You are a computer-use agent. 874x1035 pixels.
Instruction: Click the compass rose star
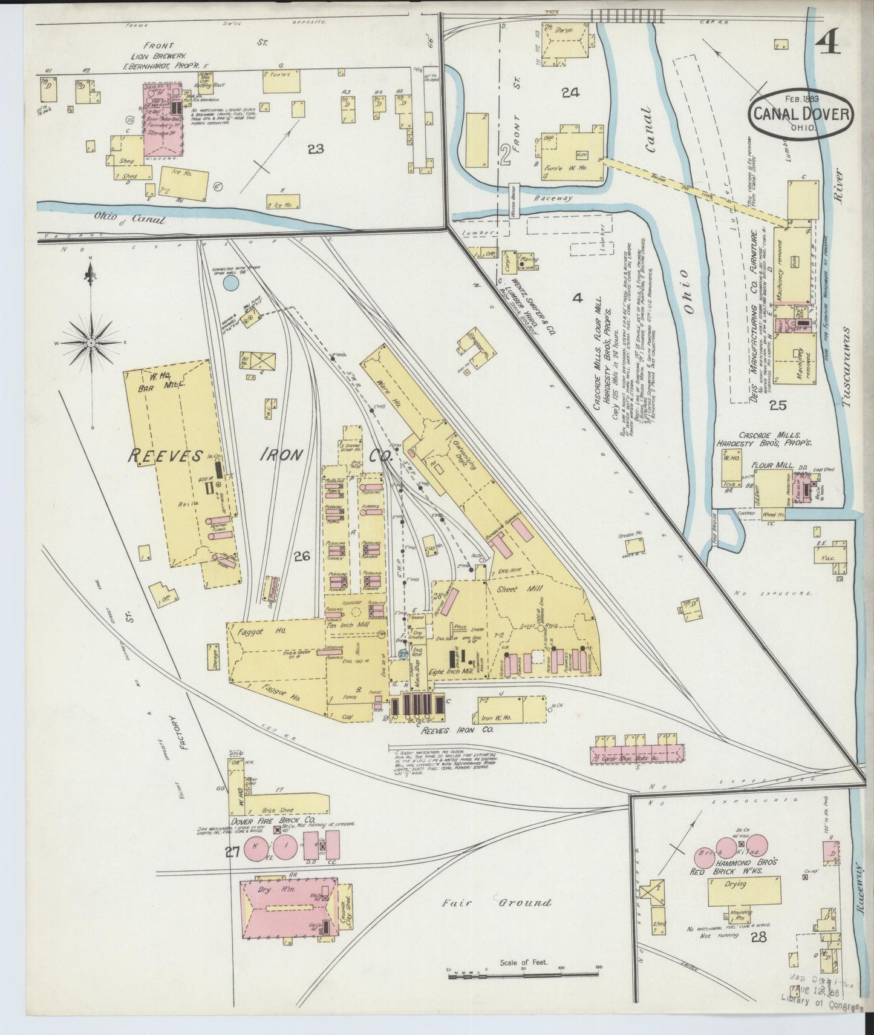pos(91,343)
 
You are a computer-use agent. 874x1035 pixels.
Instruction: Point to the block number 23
pos(315,149)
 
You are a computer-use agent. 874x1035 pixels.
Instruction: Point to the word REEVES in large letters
pos(164,456)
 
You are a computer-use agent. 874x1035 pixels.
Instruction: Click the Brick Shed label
pos(278,810)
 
